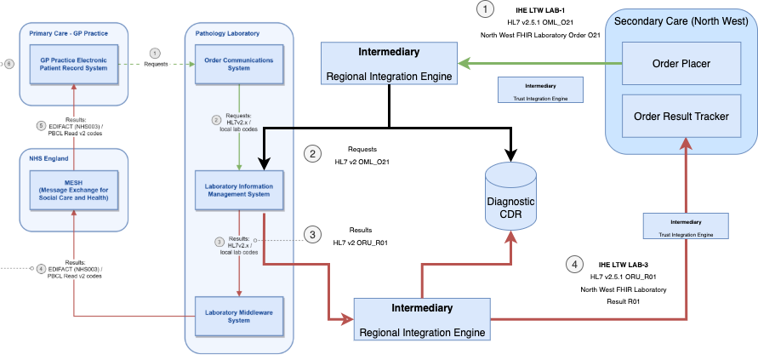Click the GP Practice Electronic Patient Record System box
(x=74, y=65)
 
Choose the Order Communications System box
(x=239, y=65)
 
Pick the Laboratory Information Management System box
(x=239, y=189)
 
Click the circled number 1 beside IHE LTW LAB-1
(x=485, y=10)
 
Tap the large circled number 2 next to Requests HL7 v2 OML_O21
(x=313, y=153)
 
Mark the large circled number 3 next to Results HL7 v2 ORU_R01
(x=313, y=235)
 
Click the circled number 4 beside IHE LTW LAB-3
(x=575, y=264)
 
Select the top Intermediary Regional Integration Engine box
(x=388, y=64)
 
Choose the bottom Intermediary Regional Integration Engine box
(x=422, y=318)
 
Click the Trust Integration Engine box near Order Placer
(x=540, y=89)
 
